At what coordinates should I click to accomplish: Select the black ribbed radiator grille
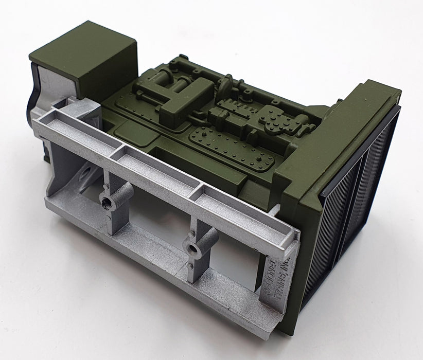(355, 206)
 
